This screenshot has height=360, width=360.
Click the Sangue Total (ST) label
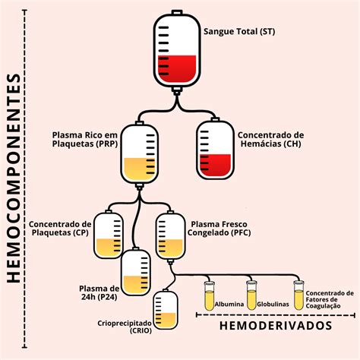pyautogui.click(x=239, y=31)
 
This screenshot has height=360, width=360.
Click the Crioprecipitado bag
pyautogui.click(x=165, y=313)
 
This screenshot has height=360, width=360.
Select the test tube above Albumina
pyautogui.click(x=210, y=294)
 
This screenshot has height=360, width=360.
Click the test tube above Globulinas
pyautogui.click(x=251, y=294)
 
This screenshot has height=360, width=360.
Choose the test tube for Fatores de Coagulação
pyautogui.click(x=299, y=294)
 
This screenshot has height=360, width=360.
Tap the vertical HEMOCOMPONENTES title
pyautogui.click(x=13, y=178)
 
